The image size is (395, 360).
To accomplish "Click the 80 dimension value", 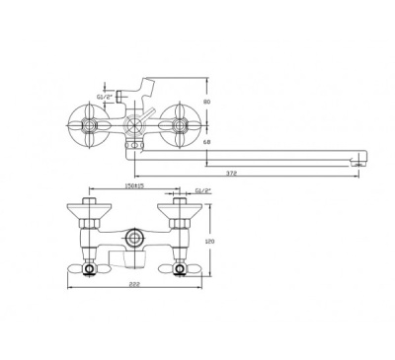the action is (x=206, y=102).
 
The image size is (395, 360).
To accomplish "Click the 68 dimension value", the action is (x=206, y=142).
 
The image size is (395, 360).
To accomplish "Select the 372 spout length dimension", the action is (x=233, y=173).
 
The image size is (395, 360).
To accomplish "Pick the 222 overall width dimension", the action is (x=135, y=284).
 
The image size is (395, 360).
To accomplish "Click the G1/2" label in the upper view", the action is (x=105, y=97).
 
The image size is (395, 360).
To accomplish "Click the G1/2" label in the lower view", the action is (x=203, y=190).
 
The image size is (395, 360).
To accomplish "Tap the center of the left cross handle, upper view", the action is (x=89, y=125).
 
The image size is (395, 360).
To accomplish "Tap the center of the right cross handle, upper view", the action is (x=180, y=125).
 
